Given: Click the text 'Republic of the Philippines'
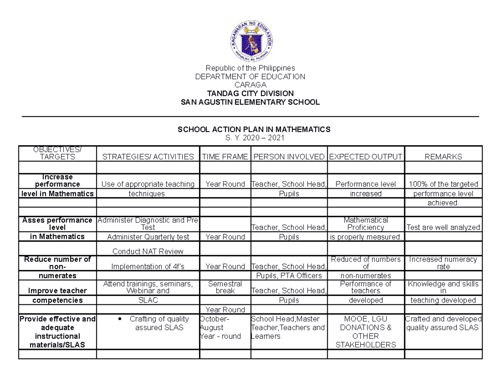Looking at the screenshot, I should tap(250, 68).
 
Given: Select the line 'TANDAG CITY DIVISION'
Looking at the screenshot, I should tap(250, 93).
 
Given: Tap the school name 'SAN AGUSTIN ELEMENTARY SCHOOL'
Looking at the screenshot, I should tap(250, 102).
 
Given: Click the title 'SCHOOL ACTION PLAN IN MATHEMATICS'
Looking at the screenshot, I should tap(254, 129).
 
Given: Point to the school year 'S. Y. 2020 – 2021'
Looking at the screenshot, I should tap(254, 138).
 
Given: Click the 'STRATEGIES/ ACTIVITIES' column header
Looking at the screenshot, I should tap(148, 157).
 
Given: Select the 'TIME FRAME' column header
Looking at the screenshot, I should tap(225, 157).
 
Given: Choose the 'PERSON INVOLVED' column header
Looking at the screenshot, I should tap(289, 157).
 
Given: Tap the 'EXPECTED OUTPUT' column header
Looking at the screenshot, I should tap(366, 157).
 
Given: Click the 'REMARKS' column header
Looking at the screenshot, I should tap(443, 157).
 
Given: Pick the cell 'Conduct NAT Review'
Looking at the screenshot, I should tap(148, 251).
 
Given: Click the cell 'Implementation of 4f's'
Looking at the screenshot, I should tap(148, 266).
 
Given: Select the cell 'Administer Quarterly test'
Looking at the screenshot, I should tap(148, 237).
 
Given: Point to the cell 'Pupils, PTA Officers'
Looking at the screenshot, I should tap(288, 276).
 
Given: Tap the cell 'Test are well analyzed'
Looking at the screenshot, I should tap(443, 228).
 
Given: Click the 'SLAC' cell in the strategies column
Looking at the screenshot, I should tap(148, 300).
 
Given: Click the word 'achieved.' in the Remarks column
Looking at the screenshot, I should tap(443, 203).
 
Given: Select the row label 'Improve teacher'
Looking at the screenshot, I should tap(57, 291).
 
